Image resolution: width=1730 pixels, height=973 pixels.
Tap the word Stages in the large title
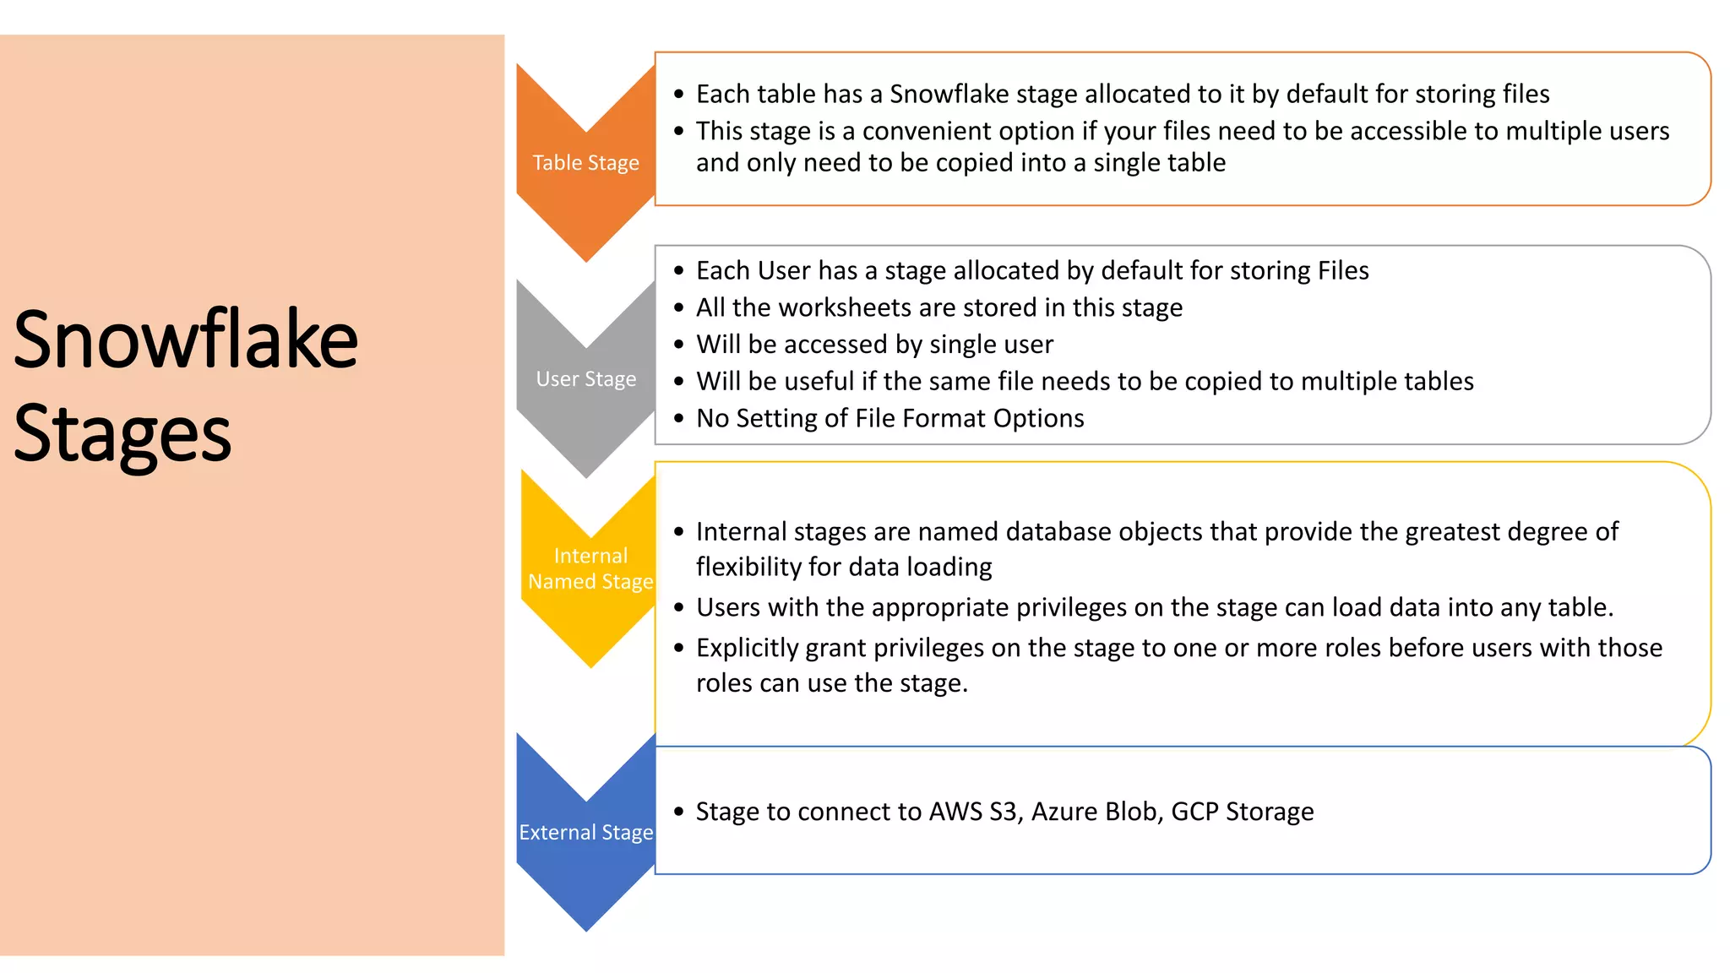[122, 434]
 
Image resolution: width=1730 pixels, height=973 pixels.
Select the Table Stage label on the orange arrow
[585, 163]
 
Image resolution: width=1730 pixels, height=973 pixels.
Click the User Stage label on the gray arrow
[585, 379]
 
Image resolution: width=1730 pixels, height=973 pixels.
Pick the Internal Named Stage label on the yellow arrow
[590, 568]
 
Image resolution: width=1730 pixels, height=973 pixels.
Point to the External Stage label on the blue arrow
[585, 833]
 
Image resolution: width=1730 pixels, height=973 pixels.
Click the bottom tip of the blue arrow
[586, 927]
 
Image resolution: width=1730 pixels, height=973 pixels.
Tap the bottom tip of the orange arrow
[586, 258]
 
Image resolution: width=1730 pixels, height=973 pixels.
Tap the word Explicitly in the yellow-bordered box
[747, 648]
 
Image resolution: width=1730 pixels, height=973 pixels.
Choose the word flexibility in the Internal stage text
[748, 567]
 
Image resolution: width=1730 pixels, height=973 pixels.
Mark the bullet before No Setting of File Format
[678, 418]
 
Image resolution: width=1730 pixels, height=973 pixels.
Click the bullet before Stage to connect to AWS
[678, 812]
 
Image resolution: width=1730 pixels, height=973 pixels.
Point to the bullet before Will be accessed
[678, 345]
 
